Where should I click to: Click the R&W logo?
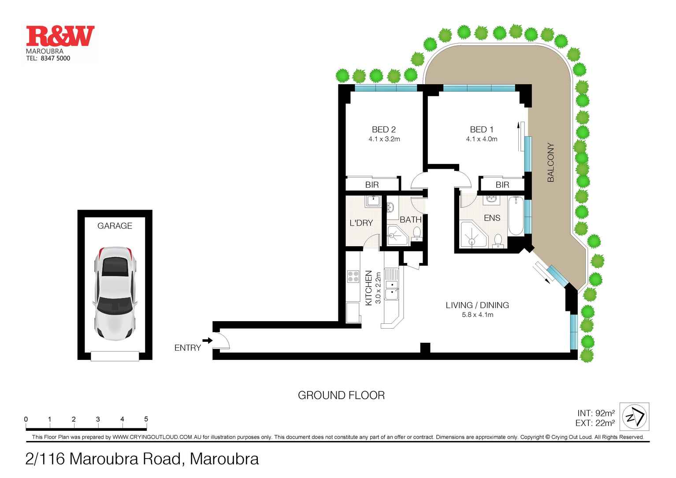60,37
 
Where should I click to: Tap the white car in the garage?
115,293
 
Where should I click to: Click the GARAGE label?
115,226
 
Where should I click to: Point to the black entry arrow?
206,340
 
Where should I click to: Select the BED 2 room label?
384,130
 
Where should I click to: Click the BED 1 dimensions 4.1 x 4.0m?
482,139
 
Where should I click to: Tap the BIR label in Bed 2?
372,185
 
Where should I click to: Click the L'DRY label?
361,223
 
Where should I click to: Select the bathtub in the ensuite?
516,217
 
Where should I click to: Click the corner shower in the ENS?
472,235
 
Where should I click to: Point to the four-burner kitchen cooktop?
353,276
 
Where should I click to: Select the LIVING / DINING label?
477,305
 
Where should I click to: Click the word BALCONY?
550,162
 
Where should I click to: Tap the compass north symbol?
634,417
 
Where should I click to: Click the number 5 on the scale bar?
146,419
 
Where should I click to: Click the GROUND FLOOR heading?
341,395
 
